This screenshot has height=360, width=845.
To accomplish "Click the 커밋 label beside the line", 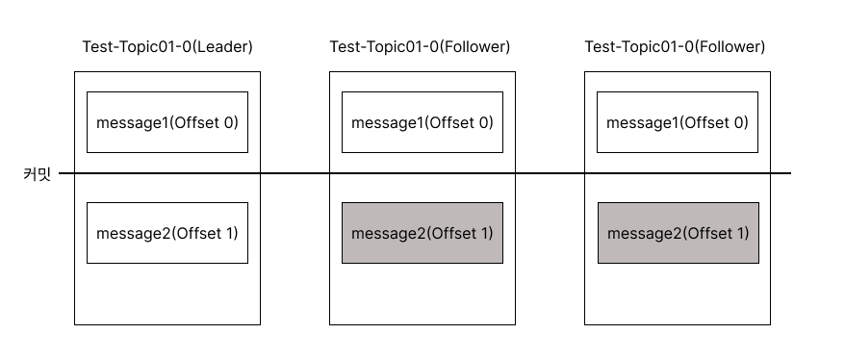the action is coord(37,174).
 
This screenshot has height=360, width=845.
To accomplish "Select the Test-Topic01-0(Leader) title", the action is coord(167,47).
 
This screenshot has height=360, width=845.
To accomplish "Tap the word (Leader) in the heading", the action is coord(222,47).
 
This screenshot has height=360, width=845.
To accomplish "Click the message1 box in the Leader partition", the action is coord(167,122).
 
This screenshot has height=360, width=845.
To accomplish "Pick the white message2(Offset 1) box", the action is coord(167,233).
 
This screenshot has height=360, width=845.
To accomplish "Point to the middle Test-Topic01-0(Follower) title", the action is coord(420,47).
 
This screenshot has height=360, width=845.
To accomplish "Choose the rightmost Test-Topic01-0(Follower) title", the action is coord(675,47).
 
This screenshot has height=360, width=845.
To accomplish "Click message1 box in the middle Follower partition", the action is coord(422,122).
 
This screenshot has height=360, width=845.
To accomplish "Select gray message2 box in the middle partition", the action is coord(422,233).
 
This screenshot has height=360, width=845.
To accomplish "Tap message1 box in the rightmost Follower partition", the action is coord(677,122).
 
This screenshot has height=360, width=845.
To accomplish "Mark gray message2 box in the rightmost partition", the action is coord(678,233).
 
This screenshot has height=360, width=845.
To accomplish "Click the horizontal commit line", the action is coord(424,173).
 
